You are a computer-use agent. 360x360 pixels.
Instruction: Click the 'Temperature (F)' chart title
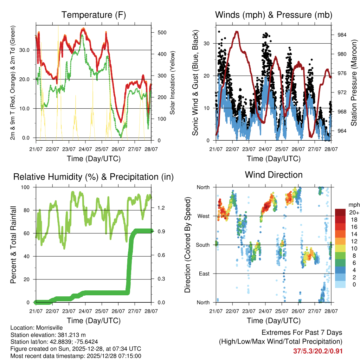click(x=93, y=15)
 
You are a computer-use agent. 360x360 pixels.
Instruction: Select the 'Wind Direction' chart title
click(x=274, y=174)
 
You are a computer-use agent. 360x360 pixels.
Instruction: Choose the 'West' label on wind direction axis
click(x=203, y=216)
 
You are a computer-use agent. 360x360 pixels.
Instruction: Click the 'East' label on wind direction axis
click(x=204, y=274)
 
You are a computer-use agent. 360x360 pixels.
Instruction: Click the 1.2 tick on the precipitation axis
click(x=161, y=208)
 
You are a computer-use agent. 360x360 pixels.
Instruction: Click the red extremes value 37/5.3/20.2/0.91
click(x=318, y=351)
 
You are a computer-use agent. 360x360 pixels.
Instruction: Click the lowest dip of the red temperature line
click(x=121, y=122)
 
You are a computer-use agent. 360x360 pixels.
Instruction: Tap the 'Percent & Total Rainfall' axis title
click(x=13, y=245)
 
